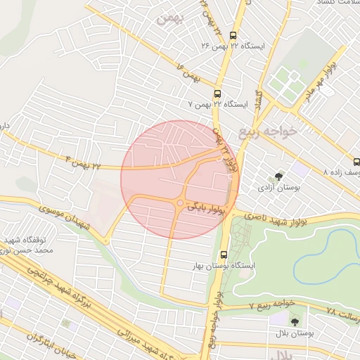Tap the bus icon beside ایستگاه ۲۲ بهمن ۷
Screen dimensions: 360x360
(x=217, y=94)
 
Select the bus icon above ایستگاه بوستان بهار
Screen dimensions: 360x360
(x=224, y=255)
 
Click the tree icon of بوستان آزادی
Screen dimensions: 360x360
(x=279, y=176)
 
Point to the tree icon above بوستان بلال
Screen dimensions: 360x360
(x=294, y=321)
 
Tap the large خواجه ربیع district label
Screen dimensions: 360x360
(x=268, y=132)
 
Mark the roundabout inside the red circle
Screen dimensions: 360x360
(x=180, y=204)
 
